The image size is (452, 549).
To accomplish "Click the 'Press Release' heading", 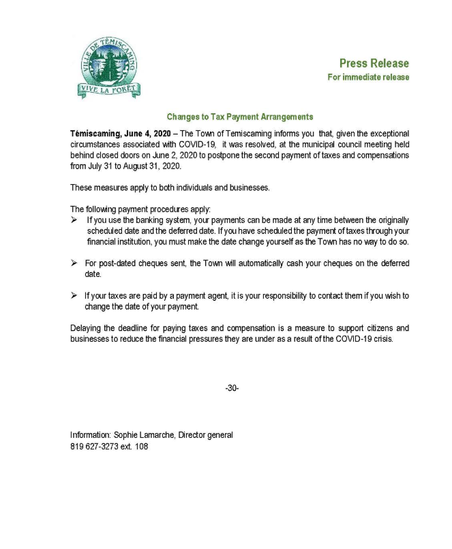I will [x=374, y=63].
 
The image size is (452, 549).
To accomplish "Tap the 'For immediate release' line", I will [x=368, y=77].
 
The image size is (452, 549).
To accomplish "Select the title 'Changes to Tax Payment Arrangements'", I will [x=239, y=117].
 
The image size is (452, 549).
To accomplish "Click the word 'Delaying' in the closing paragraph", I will [x=87, y=328].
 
